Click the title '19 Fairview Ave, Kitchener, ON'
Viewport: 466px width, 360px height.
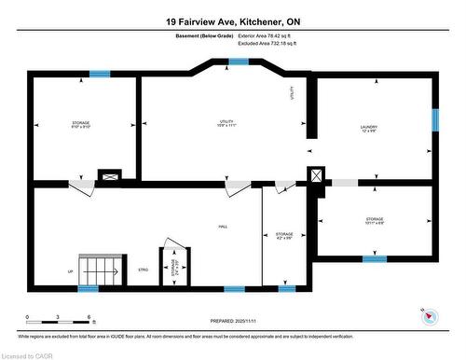coord(233,21)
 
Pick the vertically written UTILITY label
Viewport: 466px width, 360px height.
coord(292,93)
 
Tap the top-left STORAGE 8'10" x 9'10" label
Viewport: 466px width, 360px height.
coord(81,125)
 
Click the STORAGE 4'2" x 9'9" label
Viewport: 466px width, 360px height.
coord(284,236)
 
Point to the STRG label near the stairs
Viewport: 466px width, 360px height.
coord(144,270)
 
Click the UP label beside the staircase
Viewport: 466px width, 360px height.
coord(70,271)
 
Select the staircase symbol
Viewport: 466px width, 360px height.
coord(97,270)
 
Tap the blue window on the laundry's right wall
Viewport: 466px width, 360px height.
coord(434,120)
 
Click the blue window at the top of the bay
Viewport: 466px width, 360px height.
coord(239,62)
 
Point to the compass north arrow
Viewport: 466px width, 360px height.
coord(429,315)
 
